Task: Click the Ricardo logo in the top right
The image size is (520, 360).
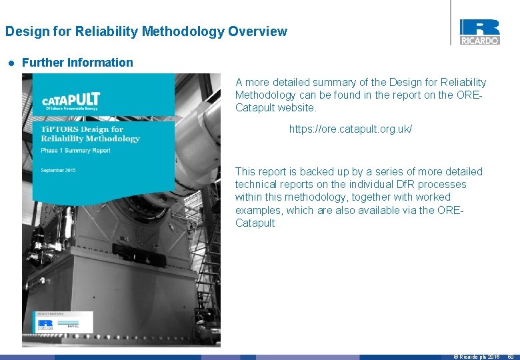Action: pyautogui.click(x=479, y=31)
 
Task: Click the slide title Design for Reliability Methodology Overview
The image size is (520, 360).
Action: pyautogui.click(x=146, y=31)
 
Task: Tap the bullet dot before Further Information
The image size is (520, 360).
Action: pyautogui.click(x=11, y=63)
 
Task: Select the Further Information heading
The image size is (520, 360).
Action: pyautogui.click(x=77, y=63)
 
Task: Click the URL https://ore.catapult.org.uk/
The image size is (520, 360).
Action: pyautogui.click(x=350, y=128)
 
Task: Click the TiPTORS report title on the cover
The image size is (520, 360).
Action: pyautogui.click(x=90, y=133)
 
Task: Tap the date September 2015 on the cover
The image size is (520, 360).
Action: pyautogui.click(x=58, y=171)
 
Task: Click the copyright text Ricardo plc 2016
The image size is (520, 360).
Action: pyautogui.click(x=477, y=357)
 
